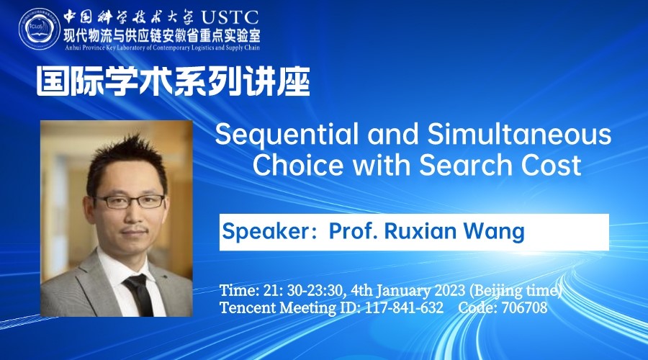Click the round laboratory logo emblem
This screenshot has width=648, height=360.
tap(40, 29)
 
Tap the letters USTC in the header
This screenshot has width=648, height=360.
tap(230, 17)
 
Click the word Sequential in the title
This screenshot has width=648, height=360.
tap(287, 135)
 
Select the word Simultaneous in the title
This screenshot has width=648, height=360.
tap(519, 134)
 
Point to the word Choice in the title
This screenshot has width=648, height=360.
tap(297, 164)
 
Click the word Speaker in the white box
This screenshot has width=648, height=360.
tap(265, 231)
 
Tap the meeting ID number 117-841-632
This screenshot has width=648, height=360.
tap(404, 307)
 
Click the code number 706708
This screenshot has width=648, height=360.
tap(524, 307)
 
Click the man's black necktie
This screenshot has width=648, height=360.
tap(139, 294)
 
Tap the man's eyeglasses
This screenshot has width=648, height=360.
tap(130, 202)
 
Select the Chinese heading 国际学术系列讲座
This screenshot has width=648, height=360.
tap(174, 81)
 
